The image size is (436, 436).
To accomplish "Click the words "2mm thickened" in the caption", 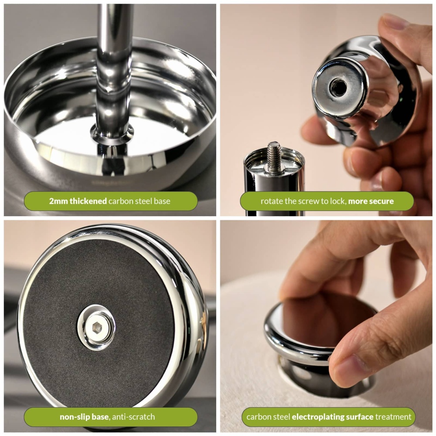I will (x=78, y=201).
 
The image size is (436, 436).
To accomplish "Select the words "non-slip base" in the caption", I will (x=84, y=417).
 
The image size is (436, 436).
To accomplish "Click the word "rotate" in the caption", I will (x=272, y=201).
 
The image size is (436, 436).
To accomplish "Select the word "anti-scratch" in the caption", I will (x=133, y=417).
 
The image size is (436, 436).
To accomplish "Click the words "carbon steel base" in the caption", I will (x=140, y=201).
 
